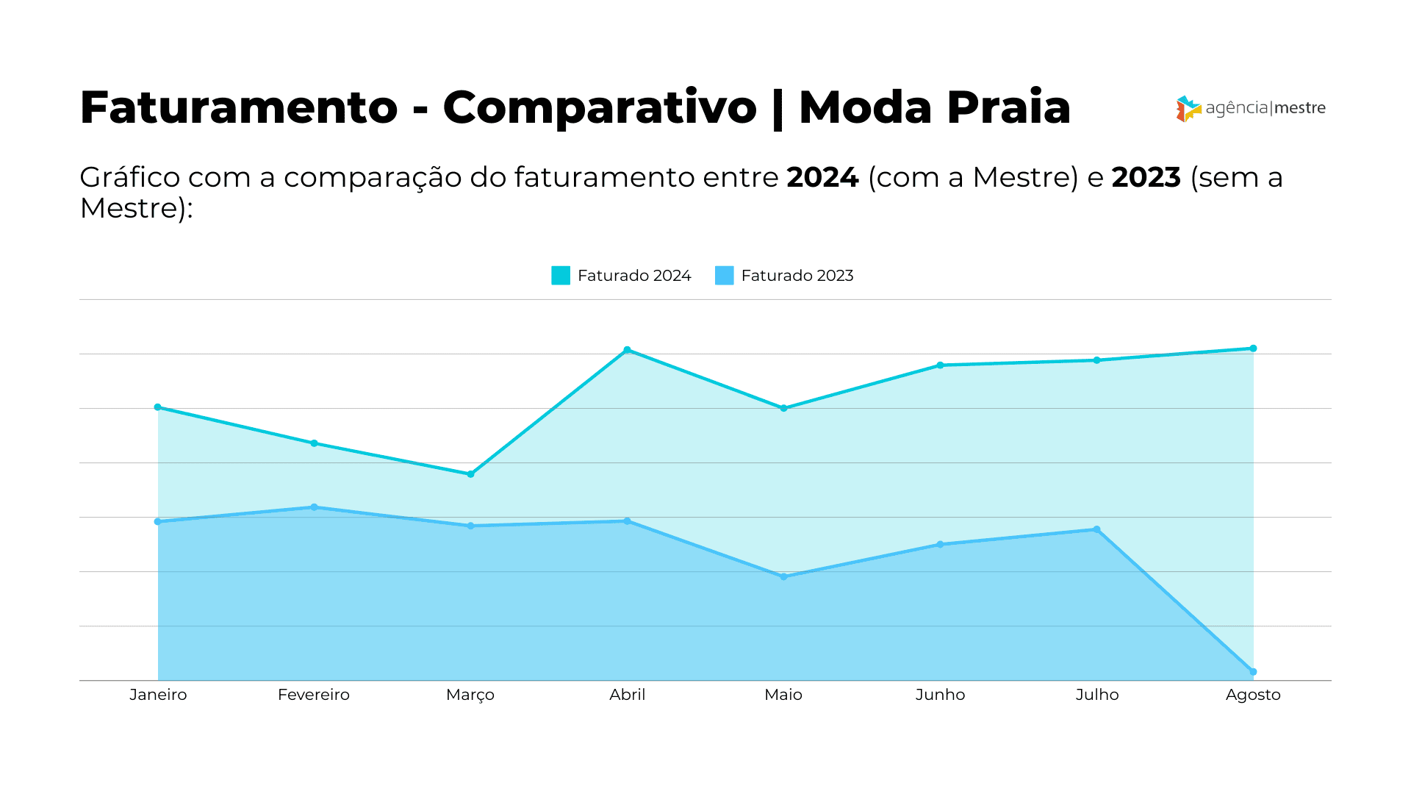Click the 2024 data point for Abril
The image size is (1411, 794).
pos(627,350)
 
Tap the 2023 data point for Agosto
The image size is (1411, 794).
pos(1253,672)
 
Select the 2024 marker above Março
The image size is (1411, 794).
pos(470,474)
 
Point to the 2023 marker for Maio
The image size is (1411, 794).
pos(783,577)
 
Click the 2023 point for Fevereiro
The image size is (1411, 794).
pos(314,507)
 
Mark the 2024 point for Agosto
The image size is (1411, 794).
pos(1253,348)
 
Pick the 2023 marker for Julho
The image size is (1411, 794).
pos(1096,529)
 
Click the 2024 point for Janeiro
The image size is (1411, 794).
pos(157,407)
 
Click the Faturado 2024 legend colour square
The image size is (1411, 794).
pos(561,276)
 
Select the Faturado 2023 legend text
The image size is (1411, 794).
pos(797,276)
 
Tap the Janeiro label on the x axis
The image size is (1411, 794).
pos(158,695)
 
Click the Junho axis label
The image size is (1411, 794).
pos(940,695)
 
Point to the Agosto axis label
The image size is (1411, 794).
pos(1253,695)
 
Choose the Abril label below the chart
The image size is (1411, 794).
pos(627,695)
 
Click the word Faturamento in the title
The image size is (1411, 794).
pos(239,108)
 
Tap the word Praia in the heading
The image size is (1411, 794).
pos(1008,108)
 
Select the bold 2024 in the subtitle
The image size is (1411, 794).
pos(822,178)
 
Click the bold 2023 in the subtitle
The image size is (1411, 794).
pos(1146,178)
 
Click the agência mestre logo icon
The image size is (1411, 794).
pos(1188,109)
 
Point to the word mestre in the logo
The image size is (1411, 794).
pos(1299,108)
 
